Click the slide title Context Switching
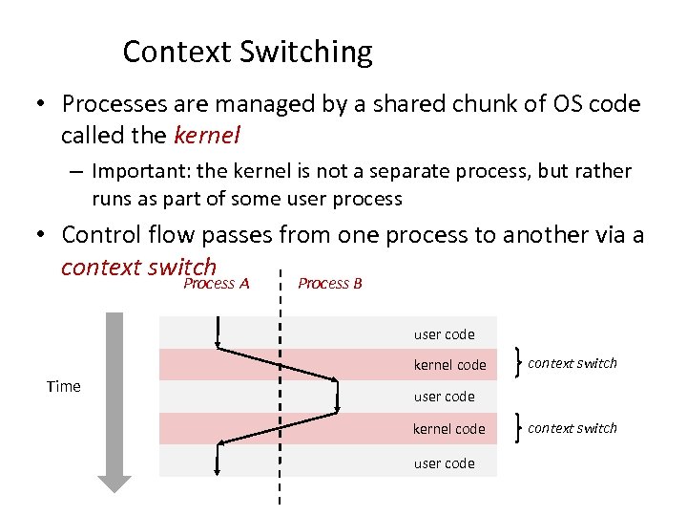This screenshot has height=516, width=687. (x=247, y=52)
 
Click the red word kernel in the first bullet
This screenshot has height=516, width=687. (x=207, y=136)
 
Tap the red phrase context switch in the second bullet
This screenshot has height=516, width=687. (x=138, y=267)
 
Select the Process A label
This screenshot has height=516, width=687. (x=216, y=283)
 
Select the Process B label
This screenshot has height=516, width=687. (x=330, y=283)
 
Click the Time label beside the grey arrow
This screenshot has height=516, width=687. (x=64, y=386)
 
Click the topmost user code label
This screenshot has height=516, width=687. (x=444, y=334)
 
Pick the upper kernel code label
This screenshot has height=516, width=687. (x=449, y=365)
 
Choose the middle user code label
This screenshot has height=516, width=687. (x=444, y=397)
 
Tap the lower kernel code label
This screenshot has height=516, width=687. (x=449, y=429)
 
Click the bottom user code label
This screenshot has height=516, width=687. (x=444, y=463)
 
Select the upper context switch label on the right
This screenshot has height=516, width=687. (x=572, y=363)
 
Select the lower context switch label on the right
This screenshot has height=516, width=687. (x=572, y=428)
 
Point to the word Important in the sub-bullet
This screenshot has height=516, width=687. (x=134, y=171)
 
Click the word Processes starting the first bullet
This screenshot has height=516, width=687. (x=114, y=103)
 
